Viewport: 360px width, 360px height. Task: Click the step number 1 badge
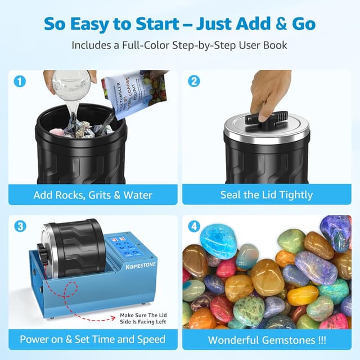click(21, 82)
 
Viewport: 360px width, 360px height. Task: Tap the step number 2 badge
click(194, 82)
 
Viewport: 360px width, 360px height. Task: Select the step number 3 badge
click(21, 227)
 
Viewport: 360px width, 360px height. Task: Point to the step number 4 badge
click(194, 227)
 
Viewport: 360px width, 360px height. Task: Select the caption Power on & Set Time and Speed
click(93, 339)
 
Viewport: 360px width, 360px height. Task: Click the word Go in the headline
click(303, 24)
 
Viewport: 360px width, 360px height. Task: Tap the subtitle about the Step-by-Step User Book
click(179, 46)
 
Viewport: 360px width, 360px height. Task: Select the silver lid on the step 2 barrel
click(266, 129)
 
